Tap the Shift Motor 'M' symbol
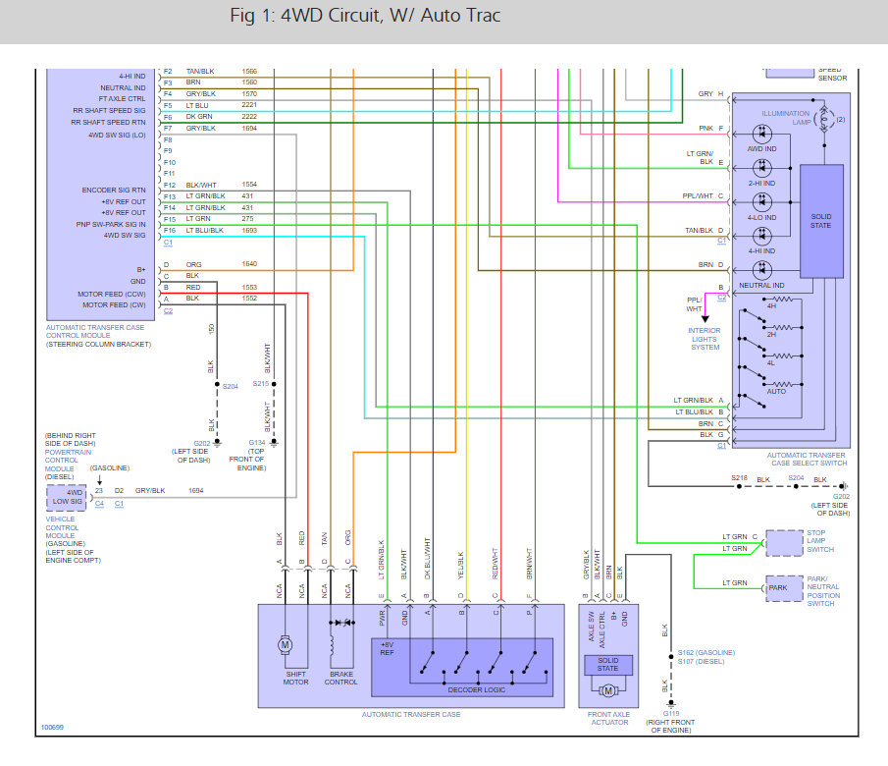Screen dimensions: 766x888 (x=287, y=644)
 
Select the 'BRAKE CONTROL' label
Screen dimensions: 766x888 (x=340, y=678)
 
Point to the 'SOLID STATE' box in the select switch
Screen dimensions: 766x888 (x=821, y=220)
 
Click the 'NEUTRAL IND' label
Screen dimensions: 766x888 (x=761, y=286)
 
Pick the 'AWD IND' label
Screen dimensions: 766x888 (x=761, y=148)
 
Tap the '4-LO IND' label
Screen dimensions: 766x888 (x=761, y=217)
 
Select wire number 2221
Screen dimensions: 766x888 (x=249, y=105)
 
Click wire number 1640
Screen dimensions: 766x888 (x=249, y=264)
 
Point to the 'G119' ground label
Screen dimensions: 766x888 (x=670, y=714)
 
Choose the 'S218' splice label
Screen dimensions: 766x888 (x=739, y=477)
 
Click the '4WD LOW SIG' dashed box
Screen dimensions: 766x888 (x=66, y=498)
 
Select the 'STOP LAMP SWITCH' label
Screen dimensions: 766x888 (x=821, y=542)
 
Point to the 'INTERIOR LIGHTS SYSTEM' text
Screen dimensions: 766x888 (x=705, y=339)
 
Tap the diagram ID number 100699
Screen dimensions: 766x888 (x=53, y=729)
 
